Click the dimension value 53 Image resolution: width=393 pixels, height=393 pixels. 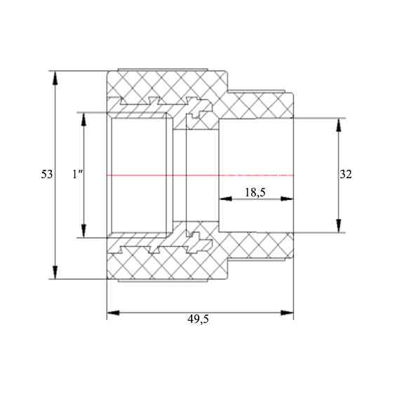pyautogui.click(x=47, y=175)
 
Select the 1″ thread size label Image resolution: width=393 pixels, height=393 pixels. pyautogui.click(x=78, y=175)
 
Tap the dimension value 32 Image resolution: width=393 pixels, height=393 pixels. pyautogui.click(x=345, y=175)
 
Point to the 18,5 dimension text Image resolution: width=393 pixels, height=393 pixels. pyautogui.click(x=255, y=192)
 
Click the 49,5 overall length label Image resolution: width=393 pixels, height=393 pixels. pyautogui.click(x=198, y=319)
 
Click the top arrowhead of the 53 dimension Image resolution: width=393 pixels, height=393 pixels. pyautogui.click(x=55, y=77)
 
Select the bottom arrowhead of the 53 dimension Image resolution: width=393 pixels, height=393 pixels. pyautogui.click(x=55, y=272)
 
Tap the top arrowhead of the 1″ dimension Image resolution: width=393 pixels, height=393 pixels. pyautogui.click(x=84, y=119)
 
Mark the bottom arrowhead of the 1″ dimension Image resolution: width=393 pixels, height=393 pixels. pyautogui.click(x=84, y=231)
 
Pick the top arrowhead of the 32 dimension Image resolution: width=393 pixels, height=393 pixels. pyautogui.click(x=338, y=125)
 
